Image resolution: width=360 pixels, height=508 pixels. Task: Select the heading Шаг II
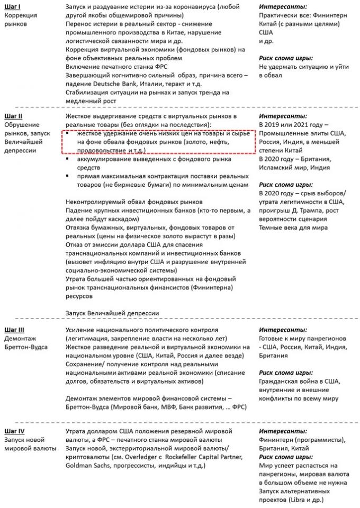coord(13,115)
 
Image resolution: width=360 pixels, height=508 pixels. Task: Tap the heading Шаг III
coord(14,330)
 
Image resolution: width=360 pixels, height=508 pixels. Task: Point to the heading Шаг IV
coord(14,432)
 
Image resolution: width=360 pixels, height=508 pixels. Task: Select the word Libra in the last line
coord(307,500)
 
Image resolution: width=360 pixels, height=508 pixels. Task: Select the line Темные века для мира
coord(293,228)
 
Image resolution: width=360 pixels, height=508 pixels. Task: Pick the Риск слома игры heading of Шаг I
coord(286,58)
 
